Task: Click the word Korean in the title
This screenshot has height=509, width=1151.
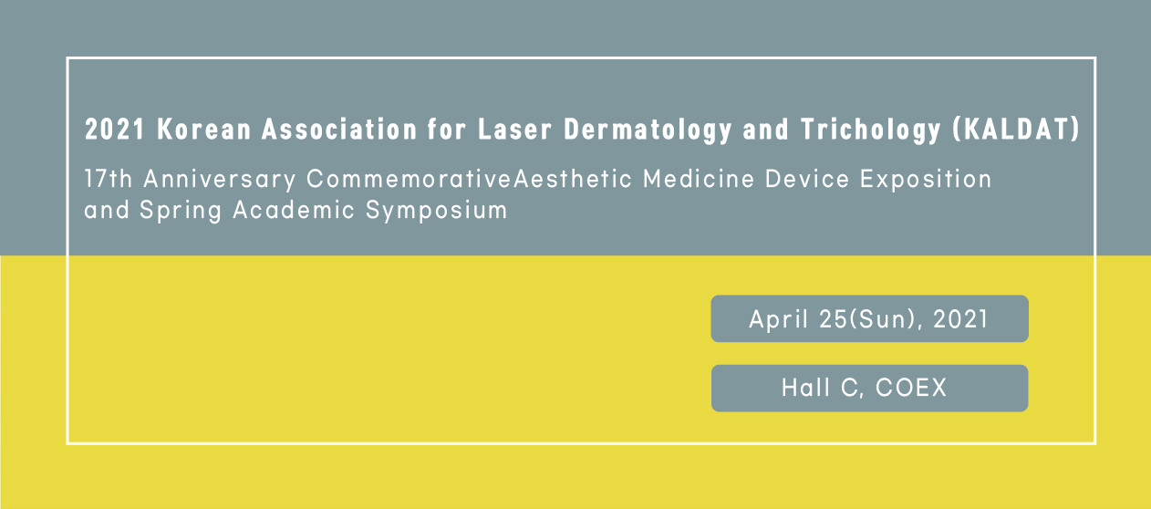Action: click(204, 129)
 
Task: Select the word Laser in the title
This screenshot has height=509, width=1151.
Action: click(515, 129)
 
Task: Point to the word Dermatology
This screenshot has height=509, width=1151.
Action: click(648, 130)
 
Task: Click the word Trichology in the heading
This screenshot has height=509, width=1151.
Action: click(870, 130)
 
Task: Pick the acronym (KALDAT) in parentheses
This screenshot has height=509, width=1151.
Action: click(1016, 129)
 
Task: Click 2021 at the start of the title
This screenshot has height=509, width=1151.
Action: click(115, 129)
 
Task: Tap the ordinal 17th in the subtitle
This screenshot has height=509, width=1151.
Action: click(109, 179)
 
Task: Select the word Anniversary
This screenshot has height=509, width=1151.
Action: click(220, 180)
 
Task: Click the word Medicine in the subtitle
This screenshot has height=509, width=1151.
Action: click(699, 179)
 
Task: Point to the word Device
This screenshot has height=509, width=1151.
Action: click(807, 179)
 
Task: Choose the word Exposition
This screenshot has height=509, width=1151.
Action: click(926, 180)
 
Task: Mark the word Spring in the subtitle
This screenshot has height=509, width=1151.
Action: click(181, 211)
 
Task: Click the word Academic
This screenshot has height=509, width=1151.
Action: click(294, 210)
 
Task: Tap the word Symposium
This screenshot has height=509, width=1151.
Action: click(436, 211)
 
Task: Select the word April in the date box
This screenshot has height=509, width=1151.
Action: click(779, 320)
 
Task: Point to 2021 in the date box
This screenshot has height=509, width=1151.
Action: click(960, 319)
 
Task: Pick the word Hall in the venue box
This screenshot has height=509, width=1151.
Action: click(805, 388)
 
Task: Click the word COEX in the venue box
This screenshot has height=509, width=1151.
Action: click(910, 388)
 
